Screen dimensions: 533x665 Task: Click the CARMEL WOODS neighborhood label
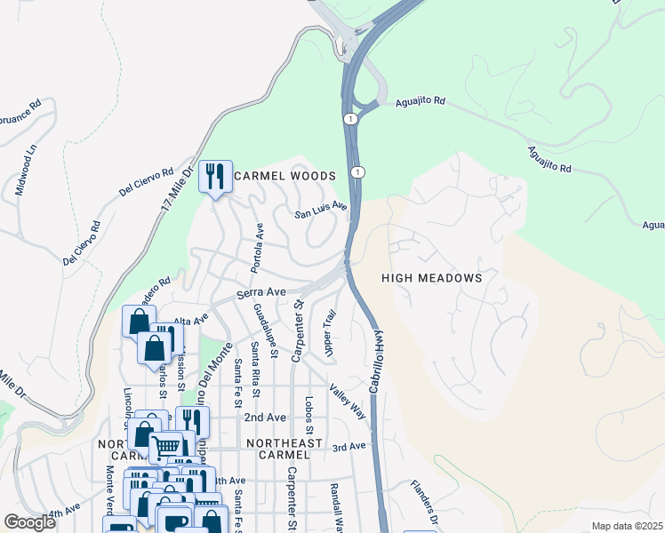click(x=284, y=176)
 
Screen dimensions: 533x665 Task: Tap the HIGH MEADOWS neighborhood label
click(x=431, y=278)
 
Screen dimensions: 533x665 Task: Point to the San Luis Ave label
click(x=321, y=213)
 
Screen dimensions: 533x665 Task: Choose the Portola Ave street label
click(x=259, y=248)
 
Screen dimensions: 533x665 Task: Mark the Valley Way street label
click(x=347, y=401)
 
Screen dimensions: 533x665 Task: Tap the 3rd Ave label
click(x=349, y=446)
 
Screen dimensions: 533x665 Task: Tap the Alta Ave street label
click(x=190, y=319)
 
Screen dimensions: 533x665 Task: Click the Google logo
click(x=29, y=522)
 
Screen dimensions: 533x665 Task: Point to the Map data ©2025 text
click(x=628, y=526)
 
